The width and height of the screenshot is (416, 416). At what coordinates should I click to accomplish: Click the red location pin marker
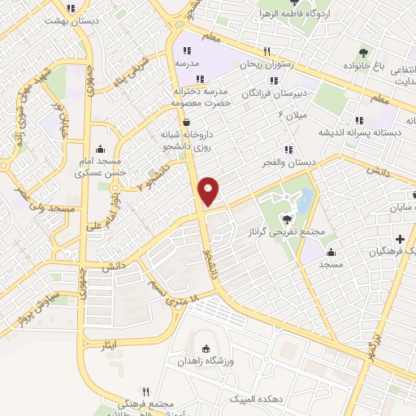coord(210,190)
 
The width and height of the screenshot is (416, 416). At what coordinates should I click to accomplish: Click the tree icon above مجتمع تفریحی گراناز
coord(285,218)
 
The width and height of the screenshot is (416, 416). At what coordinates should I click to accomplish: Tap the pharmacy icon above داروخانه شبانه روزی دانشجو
coord(188,122)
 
